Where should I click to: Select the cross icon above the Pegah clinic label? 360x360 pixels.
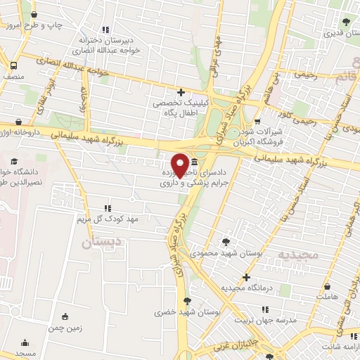(181, 91)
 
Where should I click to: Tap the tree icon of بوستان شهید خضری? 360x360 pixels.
(186, 301)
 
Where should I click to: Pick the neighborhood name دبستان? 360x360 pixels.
(97, 243)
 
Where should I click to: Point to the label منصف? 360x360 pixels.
(12, 72)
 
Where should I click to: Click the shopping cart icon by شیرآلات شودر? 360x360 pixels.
(266, 120)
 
